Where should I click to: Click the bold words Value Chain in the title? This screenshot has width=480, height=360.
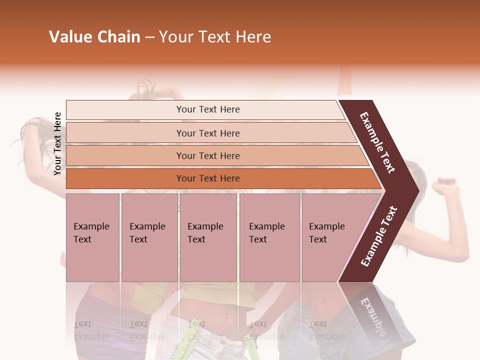click(x=94, y=37)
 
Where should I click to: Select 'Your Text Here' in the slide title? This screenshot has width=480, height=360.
click(x=215, y=37)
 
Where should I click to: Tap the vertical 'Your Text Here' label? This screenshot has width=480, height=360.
click(x=57, y=143)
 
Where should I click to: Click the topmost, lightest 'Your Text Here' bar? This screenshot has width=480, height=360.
click(x=207, y=109)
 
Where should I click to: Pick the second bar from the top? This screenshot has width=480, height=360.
click(x=207, y=133)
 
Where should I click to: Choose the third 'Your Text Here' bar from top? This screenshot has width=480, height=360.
click(x=207, y=155)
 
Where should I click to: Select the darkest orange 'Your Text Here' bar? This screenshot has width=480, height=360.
click(x=207, y=178)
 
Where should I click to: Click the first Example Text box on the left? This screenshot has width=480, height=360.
click(x=92, y=237)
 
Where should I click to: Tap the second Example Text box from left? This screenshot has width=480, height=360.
click(x=149, y=237)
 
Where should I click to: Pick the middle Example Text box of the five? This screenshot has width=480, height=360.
click(x=208, y=237)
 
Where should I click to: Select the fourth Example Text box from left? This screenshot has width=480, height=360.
click(x=269, y=237)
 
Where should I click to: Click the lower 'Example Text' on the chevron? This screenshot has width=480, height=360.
click(x=378, y=236)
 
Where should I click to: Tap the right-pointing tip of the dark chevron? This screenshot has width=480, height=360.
click(x=417, y=190)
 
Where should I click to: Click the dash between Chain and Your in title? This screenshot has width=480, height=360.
click(x=149, y=37)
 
